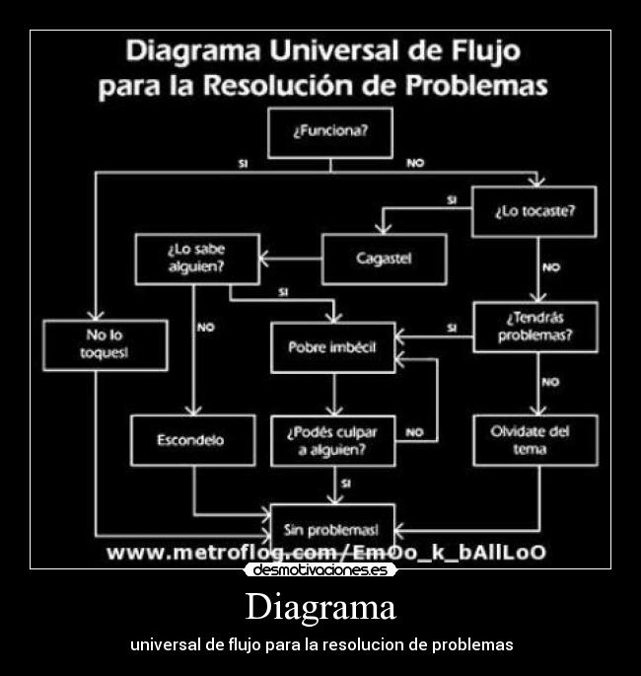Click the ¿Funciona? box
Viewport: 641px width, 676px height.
tap(330, 132)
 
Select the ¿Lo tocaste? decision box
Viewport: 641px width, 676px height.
tap(534, 211)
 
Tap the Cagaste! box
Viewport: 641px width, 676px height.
tap(384, 260)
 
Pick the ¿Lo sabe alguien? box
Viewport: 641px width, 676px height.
tap(197, 259)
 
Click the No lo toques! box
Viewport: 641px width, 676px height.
tap(105, 345)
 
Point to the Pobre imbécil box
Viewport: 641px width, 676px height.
tap(333, 347)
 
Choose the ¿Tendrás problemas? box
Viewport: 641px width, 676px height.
tap(535, 327)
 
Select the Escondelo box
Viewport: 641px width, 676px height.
tap(191, 440)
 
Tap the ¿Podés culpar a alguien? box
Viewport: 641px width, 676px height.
tap(333, 440)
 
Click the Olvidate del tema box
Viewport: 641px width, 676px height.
tap(535, 440)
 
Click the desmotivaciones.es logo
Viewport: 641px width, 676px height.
tap(320, 570)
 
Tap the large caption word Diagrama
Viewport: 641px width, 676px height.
tap(320, 606)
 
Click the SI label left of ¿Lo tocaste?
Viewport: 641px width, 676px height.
tap(452, 200)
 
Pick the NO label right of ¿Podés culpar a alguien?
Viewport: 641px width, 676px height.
tap(414, 432)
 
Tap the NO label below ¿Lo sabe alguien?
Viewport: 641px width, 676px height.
tap(205, 328)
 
